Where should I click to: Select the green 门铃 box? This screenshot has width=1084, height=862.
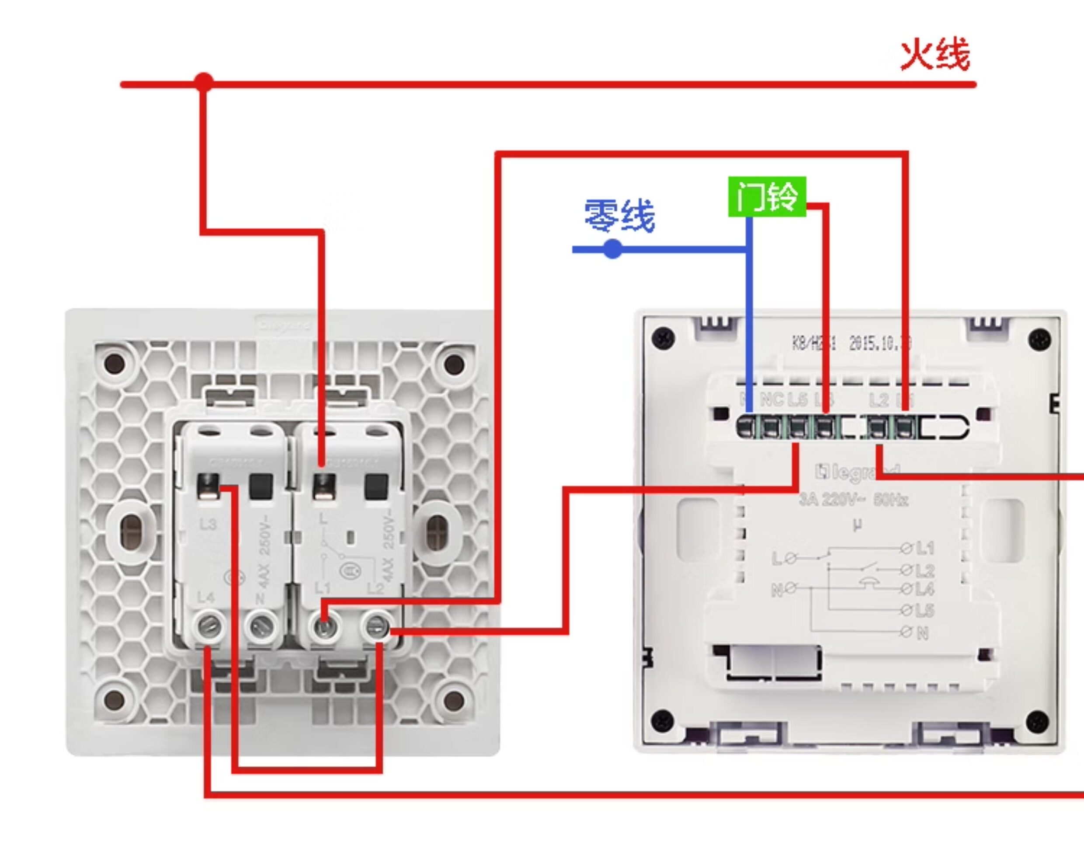[x=767, y=197]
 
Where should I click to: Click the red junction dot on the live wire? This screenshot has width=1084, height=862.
[x=204, y=83]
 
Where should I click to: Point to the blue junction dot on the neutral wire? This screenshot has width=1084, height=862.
[x=612, y=249]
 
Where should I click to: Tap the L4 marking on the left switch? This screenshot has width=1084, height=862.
[x=205, y=598]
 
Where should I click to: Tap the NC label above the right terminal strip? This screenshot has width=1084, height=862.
[x=772, y=400]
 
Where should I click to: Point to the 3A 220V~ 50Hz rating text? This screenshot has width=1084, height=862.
[x=854, y=500]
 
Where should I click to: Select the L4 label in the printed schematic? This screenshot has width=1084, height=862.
[x=924, y=589]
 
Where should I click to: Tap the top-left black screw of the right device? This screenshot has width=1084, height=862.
[x=663, y=337]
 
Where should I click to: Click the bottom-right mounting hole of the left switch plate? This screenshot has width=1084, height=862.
[x=454, y=699]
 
